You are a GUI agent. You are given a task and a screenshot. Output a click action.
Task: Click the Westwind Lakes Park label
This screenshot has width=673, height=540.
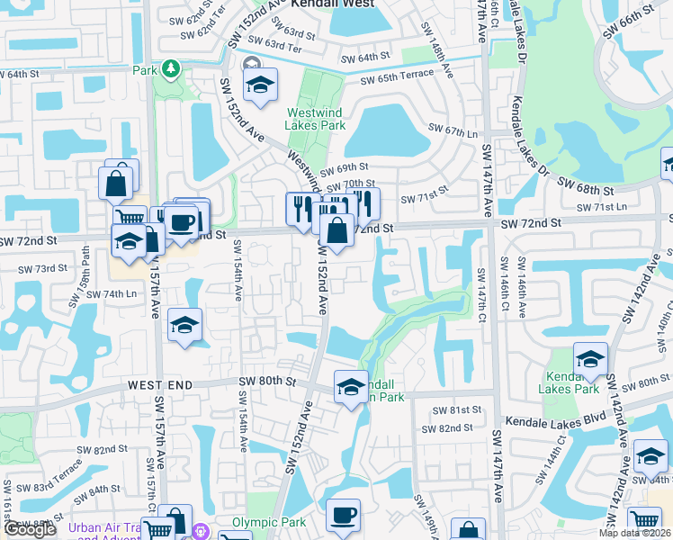click(x=316, y=119)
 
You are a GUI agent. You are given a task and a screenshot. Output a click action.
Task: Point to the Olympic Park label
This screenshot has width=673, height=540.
click(x=270, y=522)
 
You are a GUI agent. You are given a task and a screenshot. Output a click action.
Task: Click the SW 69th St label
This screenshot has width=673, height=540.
click(x=345, y=167)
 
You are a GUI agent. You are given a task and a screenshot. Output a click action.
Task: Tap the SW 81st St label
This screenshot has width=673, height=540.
click(x=456, y=409)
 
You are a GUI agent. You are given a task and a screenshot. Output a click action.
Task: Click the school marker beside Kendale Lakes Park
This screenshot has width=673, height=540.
click(x=591, y=359)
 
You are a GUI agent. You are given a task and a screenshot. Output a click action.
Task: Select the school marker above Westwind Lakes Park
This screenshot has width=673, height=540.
click(x=260, y=85)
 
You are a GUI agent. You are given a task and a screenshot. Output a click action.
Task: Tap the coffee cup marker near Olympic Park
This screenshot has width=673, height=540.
click(x=343, y=515)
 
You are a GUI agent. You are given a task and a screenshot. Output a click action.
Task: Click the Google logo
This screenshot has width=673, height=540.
click(x=30, y=530)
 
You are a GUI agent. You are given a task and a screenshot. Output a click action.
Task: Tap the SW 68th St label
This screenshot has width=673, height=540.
click(x=585, y=191)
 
